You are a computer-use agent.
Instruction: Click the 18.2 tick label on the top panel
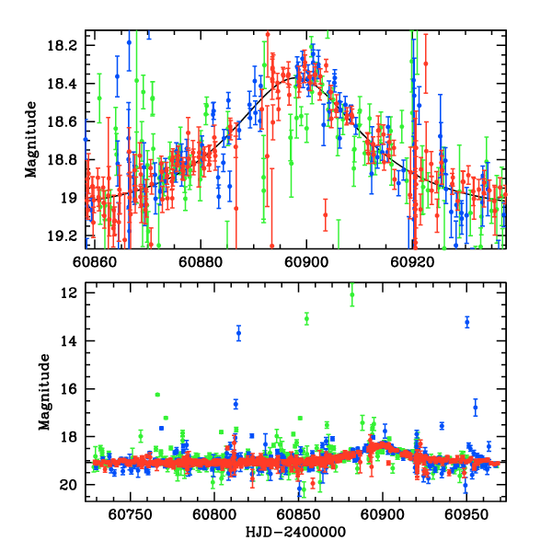[x=66, y=45]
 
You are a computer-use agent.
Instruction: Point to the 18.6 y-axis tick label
[x=66, y=121]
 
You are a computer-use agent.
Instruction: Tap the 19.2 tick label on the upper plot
[x=66, y=236]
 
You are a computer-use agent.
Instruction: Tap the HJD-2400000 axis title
[x=296, y=533]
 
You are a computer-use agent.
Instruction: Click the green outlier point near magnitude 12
[x=351, y=294]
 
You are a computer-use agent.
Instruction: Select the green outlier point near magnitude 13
[x=306, y=318]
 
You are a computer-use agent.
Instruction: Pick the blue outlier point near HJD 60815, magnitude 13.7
[x=238, y=333]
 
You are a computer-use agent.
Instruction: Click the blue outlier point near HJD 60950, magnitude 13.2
[x=467, y=322]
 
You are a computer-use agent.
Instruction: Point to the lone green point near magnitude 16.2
[x=158, y=395]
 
